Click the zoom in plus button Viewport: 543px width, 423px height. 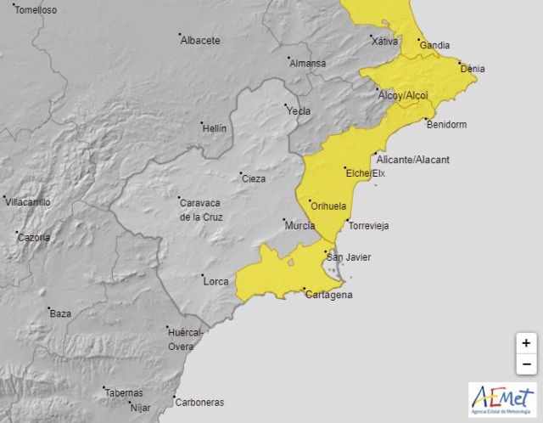pos(526,343)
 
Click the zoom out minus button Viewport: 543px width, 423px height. pos(526,364)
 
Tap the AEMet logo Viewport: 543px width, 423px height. pos(502,400)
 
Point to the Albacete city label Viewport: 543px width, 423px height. pos(200,40)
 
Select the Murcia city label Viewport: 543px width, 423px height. pos(299,226)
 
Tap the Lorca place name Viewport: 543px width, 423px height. pos(216,281)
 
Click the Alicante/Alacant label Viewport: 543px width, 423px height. pos(412,160)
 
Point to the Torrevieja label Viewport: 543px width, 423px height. pos(368,226)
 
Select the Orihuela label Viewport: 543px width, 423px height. pos(329,206)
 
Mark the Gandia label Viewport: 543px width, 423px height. pos(434,46)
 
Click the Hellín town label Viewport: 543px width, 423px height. pos(214,128)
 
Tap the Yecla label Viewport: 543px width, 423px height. pos(299,111)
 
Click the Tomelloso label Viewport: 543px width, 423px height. pos(36,10)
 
